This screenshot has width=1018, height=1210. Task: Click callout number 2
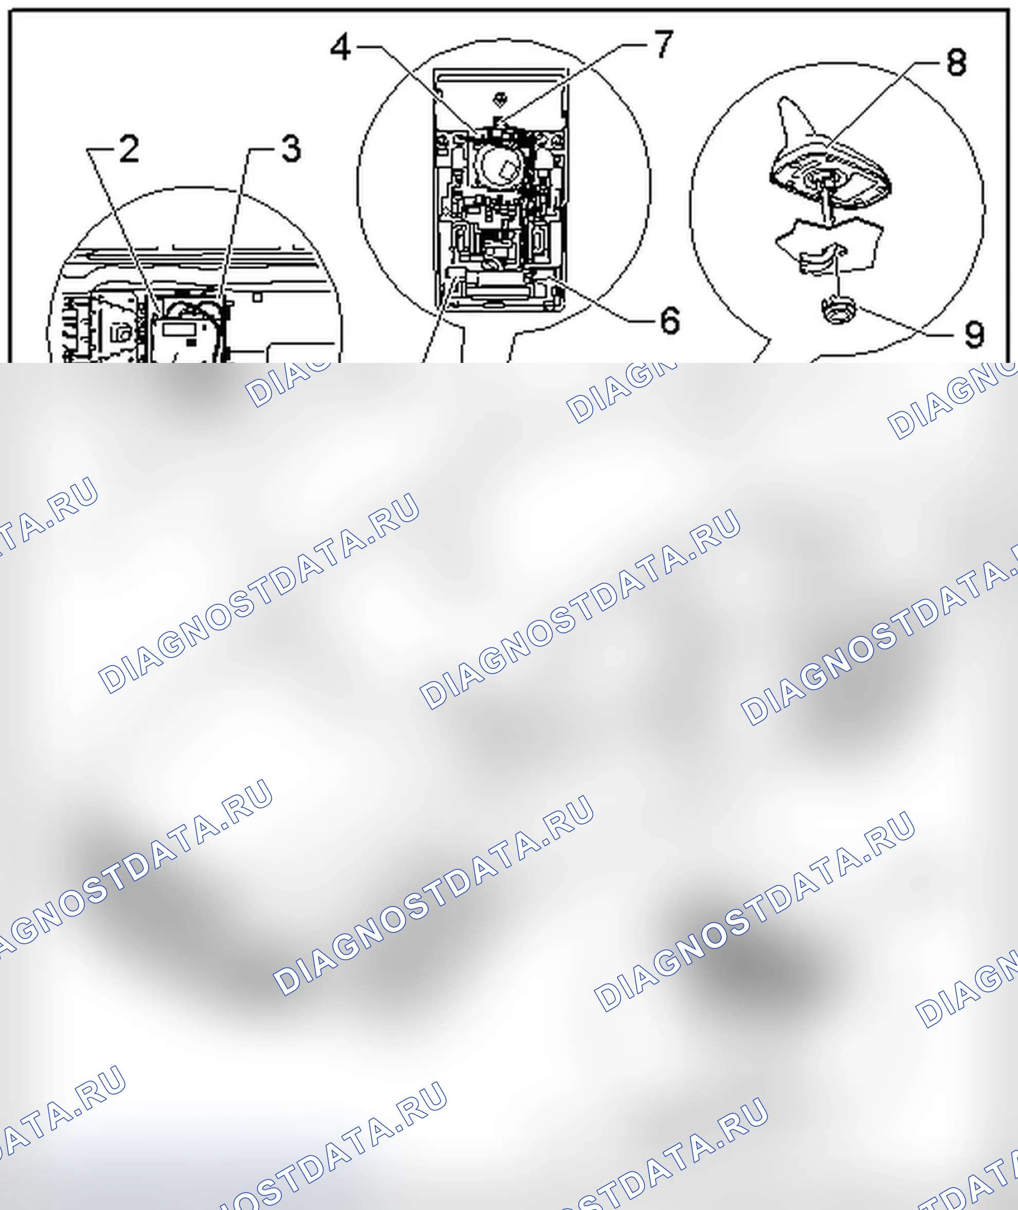point(129,149)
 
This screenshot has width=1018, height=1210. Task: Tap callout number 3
point(292,149)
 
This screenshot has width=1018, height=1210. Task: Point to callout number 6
point(670,320)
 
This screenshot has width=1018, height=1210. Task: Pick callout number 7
point(664,44)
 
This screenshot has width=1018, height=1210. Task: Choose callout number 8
point(956,62)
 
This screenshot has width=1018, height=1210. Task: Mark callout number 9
point(974,334)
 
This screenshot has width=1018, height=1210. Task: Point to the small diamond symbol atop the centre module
point(500,99)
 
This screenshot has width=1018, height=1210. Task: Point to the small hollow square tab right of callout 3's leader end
point(258,297)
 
